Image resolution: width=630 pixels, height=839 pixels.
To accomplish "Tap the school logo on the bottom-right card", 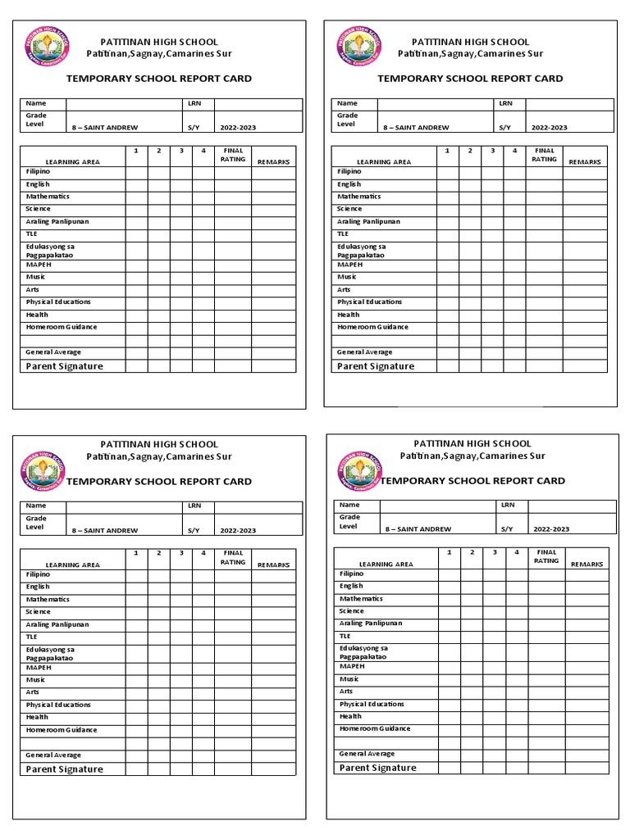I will (358, 471).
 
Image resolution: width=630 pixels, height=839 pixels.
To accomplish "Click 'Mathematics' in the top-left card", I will (48, 197).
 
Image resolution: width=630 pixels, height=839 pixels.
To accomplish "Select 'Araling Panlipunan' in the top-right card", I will (368, 222).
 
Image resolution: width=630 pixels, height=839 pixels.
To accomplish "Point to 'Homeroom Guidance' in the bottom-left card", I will (62, 730).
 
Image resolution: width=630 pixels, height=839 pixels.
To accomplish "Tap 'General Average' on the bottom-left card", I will (53, 755).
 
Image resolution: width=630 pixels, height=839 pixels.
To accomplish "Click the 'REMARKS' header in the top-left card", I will (274, 162).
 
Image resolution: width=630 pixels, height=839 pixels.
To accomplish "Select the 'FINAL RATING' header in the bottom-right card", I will (546, 557).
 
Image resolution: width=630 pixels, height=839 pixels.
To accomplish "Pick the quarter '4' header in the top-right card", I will (514, 151).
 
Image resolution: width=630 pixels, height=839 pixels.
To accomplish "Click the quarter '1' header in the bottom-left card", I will (136, 553).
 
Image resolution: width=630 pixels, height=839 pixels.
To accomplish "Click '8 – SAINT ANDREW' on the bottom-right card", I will (418, 529).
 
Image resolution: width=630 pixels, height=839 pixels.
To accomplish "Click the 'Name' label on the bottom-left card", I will (36, 506).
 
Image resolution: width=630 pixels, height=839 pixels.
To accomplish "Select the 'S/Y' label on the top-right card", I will (504, 128).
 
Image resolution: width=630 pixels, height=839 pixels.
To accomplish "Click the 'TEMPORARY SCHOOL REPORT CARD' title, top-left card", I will (159, 79).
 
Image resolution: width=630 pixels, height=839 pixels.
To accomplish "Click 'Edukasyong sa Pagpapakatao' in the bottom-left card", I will (50, 653).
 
